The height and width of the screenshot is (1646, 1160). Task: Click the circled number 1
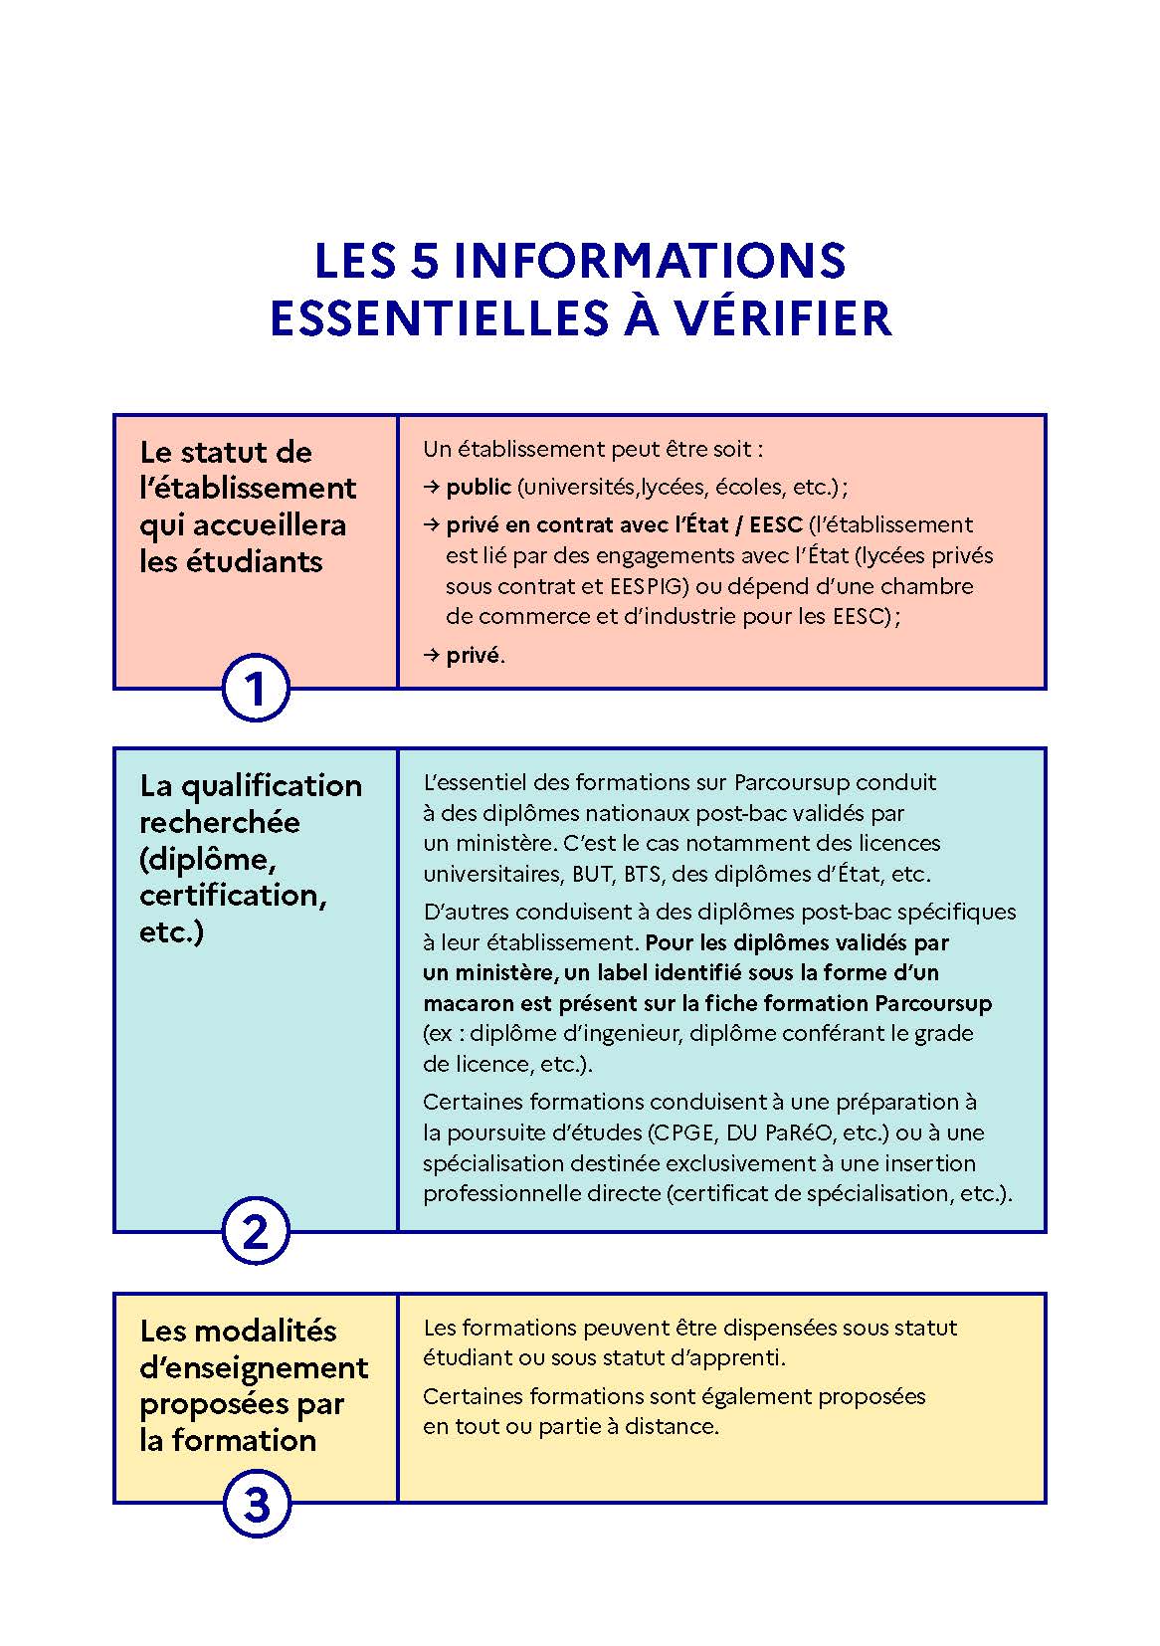coord(255,688)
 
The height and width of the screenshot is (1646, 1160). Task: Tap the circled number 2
coord(255,1232)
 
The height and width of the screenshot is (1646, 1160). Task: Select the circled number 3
coord(256,1504)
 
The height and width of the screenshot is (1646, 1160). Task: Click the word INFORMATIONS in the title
coord(649,261)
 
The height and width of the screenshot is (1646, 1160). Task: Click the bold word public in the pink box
coord(478,487)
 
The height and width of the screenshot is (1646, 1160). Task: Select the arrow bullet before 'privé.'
coord(431,655)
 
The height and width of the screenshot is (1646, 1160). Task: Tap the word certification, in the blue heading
coord(233,896)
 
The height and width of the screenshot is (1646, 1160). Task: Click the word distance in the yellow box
coord(670,1426)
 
